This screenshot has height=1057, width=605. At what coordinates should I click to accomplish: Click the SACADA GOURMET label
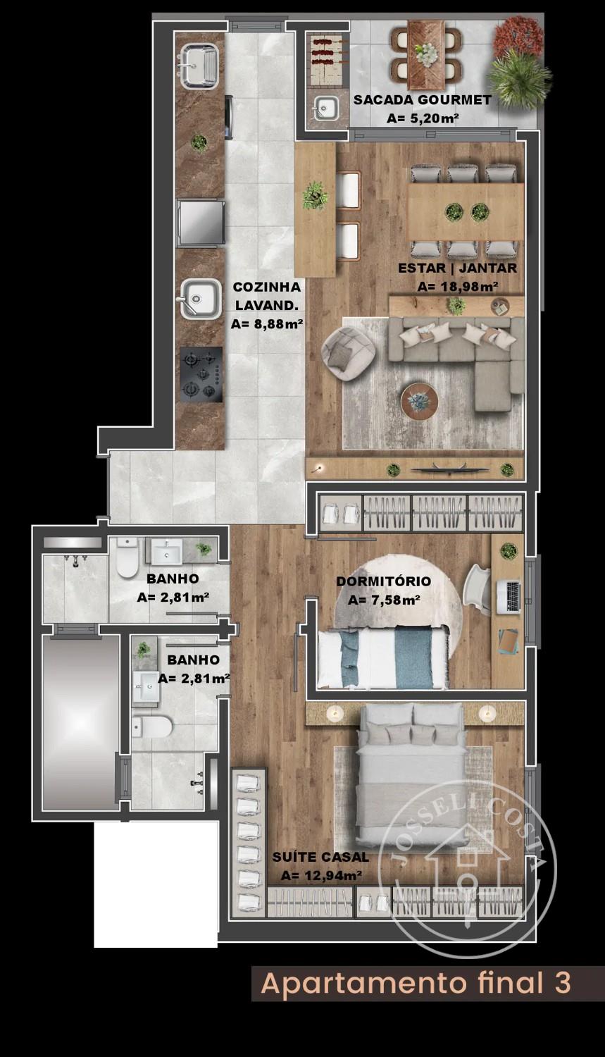coord(423,100)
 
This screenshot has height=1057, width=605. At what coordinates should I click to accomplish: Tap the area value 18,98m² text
coord(458,286)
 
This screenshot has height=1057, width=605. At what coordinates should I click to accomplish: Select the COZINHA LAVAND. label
coord(266,296)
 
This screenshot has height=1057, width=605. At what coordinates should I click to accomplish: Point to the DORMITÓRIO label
coord(383,581)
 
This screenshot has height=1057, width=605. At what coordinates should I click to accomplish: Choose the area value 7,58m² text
coord(384,600)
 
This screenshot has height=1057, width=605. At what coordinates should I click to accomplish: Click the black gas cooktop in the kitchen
coord(201,375)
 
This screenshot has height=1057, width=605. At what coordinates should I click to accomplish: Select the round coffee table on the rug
coord(419,401)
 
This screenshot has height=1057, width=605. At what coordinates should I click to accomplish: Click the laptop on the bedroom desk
coord(509,597)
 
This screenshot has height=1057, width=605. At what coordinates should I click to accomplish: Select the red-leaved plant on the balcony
coord(518,37)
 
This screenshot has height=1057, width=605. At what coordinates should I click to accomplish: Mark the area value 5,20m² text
coord(423,118)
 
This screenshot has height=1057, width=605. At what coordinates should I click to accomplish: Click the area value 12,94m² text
coord(321,875)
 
